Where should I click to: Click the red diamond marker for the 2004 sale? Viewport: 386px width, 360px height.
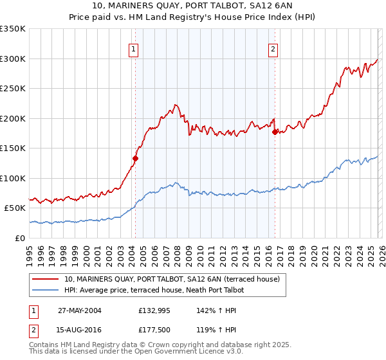coord(135,158)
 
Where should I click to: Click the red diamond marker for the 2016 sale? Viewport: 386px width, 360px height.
coord(275,132)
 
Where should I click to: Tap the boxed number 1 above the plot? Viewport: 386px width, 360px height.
coord(133,49)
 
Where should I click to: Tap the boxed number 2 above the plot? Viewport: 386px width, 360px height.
coord(273,49)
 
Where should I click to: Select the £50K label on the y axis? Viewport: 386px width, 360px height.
coord(15,208)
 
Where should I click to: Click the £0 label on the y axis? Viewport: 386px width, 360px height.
coord(21,238)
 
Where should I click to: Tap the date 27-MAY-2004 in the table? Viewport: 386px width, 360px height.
coord(79,310)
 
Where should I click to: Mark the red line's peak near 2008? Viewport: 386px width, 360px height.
coord(175,105)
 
